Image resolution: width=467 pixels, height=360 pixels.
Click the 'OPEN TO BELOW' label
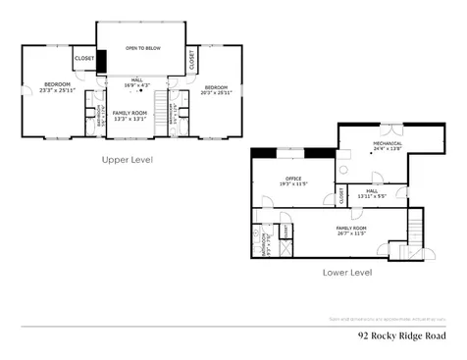tap(143, 47)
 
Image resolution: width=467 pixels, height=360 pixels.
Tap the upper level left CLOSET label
tap(84, 59)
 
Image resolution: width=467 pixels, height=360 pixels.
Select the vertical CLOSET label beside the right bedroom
tap(191, 60)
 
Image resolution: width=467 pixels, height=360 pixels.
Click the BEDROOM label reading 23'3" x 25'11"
tap(50, 88)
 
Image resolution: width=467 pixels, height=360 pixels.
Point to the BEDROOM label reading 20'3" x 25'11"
tap(215, 90)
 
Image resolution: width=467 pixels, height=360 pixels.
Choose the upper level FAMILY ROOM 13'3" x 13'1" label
tap(129, 116)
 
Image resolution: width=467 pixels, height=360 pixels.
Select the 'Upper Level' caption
tap(128, 158)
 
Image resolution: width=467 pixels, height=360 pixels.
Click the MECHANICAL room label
tap(387, 146)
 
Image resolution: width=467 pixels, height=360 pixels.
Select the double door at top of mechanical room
tap(391, 128)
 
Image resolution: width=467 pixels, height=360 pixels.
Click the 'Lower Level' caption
tap(347, 272)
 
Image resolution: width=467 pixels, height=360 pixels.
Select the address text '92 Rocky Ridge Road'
tap(402, 334)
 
